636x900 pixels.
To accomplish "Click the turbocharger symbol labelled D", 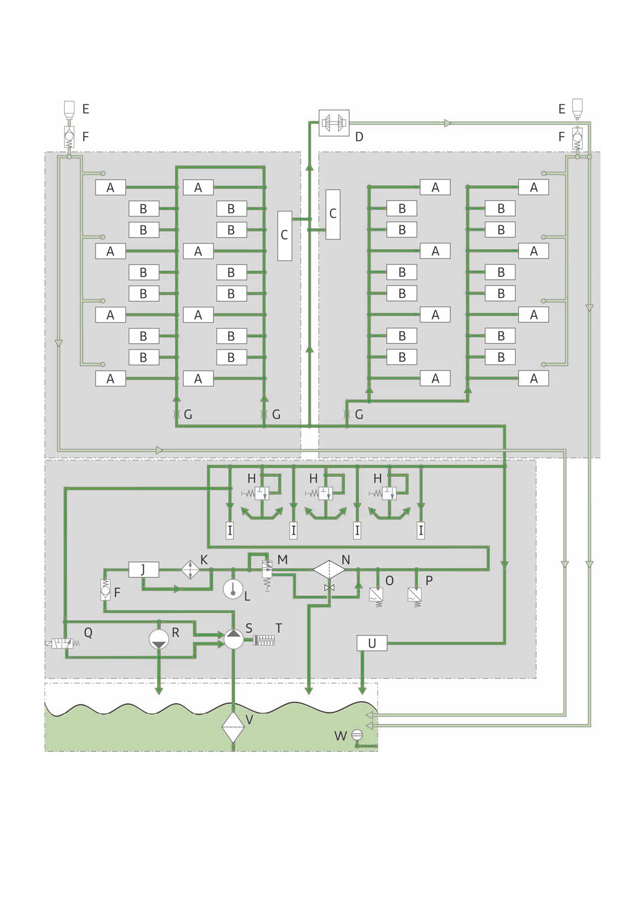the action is (334, 123).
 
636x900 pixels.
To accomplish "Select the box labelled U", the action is (372, 643).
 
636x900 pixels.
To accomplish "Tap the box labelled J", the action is (143, 569).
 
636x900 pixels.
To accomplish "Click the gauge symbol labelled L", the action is (233, 589).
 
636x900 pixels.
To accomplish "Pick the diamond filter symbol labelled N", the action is (330, 569).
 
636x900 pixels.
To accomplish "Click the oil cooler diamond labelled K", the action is (190, 570).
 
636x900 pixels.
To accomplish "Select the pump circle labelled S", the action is (234, 639).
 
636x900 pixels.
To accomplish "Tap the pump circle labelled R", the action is (159, 639).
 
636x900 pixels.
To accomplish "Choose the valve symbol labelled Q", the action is (62, 643).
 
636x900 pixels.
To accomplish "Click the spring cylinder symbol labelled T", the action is (264, 641).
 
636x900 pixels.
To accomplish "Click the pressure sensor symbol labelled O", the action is (376, 597).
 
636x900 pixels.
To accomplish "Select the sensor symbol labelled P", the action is (415, 597).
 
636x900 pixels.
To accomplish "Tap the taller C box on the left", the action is (285, 235).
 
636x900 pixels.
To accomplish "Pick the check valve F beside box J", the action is (105, 590).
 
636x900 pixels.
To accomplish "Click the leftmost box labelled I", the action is (229, 530).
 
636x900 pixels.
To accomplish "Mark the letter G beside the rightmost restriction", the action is (359, 415).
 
